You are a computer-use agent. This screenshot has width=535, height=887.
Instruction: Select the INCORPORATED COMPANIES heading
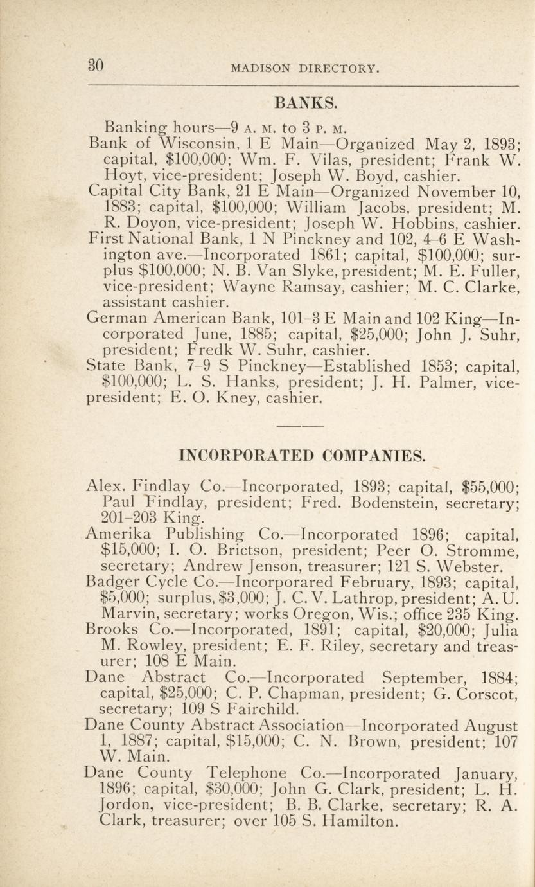tap(301, 457)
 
